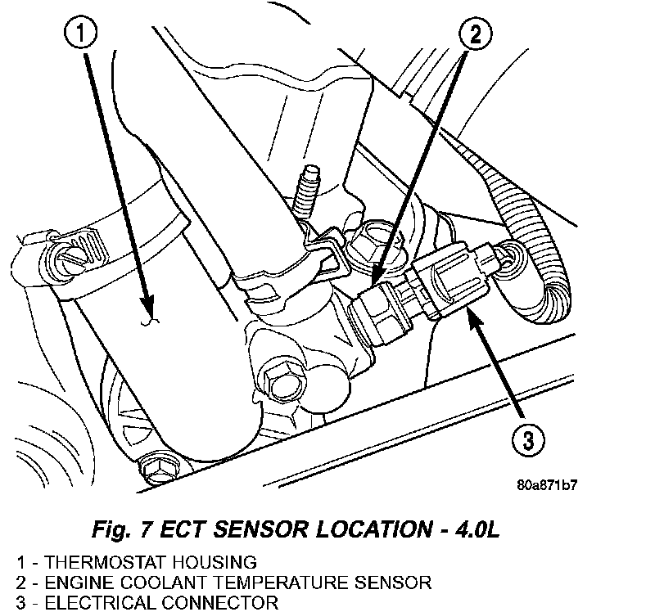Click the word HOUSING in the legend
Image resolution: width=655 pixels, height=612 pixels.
pos(221,563)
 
